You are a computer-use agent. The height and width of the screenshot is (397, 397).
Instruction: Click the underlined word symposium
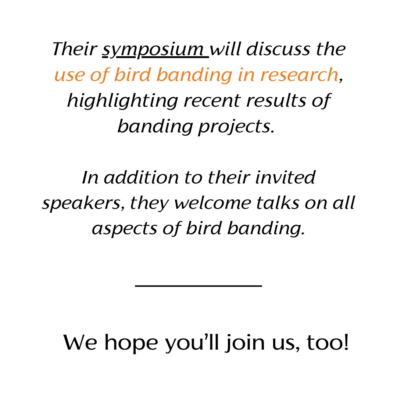click(x=155, y=50)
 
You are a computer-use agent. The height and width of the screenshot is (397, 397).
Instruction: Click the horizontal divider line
click(x=198, y=285)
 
